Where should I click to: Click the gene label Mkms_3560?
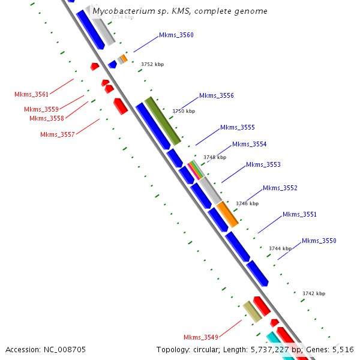[176, 35]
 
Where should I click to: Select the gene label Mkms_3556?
[217, 96]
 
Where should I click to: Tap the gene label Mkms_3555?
[238, 128]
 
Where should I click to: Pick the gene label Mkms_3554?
[250, 145]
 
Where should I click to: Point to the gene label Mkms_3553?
[263, 165]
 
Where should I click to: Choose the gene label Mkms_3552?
[280, 188]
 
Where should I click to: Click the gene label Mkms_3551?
[299, 215]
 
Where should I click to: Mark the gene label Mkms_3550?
[319, 241]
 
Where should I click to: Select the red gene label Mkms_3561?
[32, 95]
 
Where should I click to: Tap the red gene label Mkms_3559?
[41, 110]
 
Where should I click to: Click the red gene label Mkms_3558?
[47, 119]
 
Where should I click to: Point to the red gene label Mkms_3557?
[58, 135]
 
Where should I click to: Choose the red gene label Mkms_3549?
[201, 337]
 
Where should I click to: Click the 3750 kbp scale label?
[184, 111]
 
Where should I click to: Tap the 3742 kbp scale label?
[314, 293]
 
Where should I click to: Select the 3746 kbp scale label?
[247, 203]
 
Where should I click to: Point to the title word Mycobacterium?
[119, 11]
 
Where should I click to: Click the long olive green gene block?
[163, 121]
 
